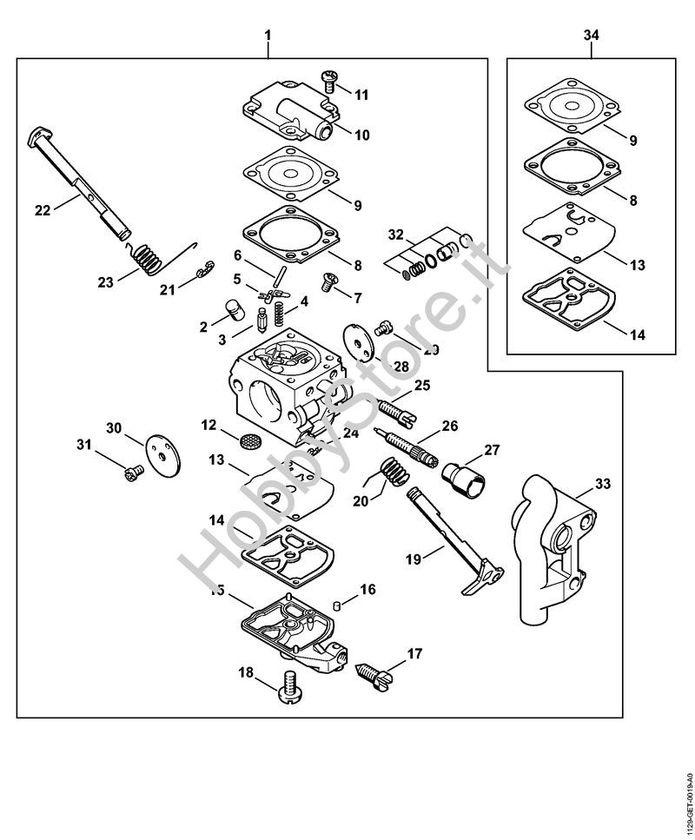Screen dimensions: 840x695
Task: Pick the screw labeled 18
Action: pyautogui.click(x=288, y=690)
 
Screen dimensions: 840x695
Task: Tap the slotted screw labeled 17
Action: pyautogui.click(x=377, y=670)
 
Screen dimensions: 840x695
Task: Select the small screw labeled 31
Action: pyautogui.click(x=133, y=474)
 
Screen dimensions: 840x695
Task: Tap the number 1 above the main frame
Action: pyautogui.click(x=268, y=35)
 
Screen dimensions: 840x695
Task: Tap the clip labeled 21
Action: pyautogui.click(x=202, y=272)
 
